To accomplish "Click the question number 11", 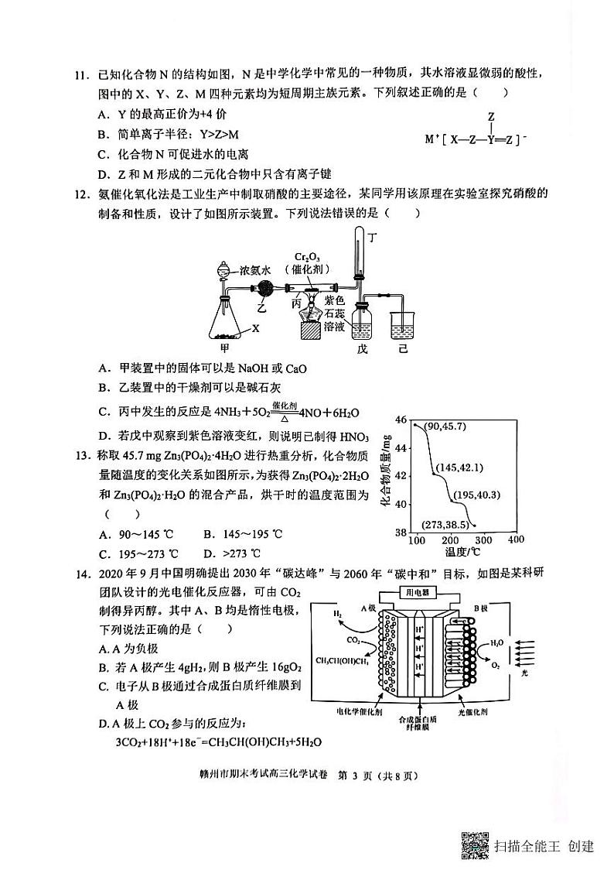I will (x=80, y=74).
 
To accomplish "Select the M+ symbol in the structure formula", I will (x=431, y=139).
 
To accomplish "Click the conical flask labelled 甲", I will (x=226, y=318).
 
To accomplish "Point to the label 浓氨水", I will (x=254, y=271).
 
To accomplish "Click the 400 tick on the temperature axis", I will (x=515, y=539).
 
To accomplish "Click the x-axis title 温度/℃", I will (x=462, y=552).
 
